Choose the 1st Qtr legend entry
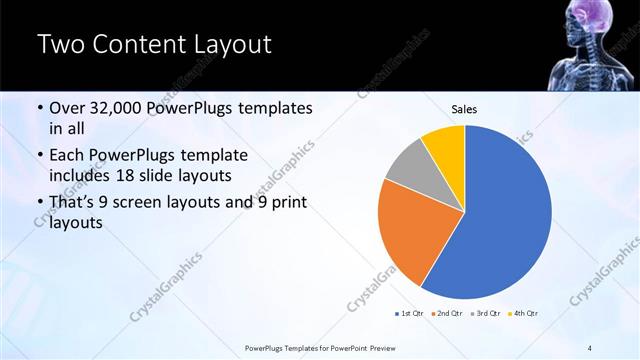tap(411, 314)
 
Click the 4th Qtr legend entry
tap(525, 314)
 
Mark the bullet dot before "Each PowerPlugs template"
tap(40, 156)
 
